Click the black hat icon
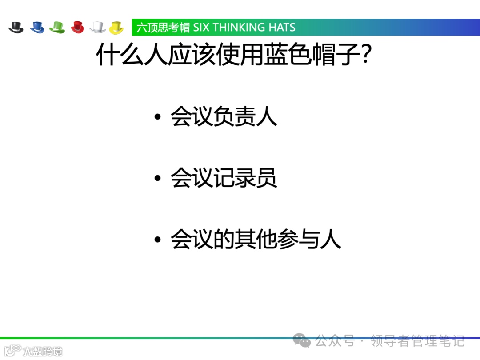[16, 27]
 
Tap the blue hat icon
[37, 27]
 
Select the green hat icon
[57, 27]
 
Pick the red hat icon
[77, 27]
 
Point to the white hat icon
[97, 27]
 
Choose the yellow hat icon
[116, 27]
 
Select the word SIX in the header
[201, 28]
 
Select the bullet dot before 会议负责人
[157, 118]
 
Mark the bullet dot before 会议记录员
[157, 179]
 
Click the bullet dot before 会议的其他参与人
[157, 240]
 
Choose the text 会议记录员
[224, 178]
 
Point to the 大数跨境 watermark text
[43, 351]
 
